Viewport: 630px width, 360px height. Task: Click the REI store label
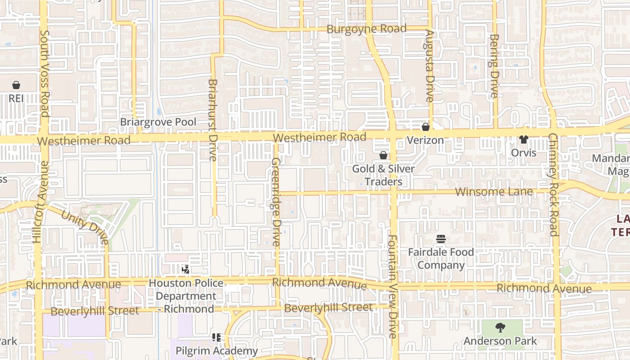[x=16, y=98]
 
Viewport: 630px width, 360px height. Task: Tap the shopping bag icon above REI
[x=16, y=85]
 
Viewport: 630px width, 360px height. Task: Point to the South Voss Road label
[x=44, y=73]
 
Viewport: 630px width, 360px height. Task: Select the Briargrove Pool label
[x=158, y=122]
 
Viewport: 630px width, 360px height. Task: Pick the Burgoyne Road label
[x=366, y=29]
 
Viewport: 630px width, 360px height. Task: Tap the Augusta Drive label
[x=429, y=66]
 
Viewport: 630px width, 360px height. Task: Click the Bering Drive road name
[x=494, y=66]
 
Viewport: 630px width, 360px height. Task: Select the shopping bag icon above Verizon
[x=425, y=127]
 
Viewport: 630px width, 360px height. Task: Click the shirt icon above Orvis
[x=523, y=139]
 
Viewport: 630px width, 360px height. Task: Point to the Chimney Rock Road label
[x=553, y=184]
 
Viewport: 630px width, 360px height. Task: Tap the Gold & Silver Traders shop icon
[x=383, y=156]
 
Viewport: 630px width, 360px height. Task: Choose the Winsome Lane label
[x=494, y=192]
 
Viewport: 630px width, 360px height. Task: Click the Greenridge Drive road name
[x=276, y=202]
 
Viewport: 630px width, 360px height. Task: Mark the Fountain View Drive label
[x=392, y=287]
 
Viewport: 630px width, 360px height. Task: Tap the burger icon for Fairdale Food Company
[x=441, y=239]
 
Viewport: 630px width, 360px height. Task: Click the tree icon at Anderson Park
[x=500, y=328]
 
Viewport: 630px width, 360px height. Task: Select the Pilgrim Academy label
[x=216, y=351]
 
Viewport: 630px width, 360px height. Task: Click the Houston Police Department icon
[x=185, y=270]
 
